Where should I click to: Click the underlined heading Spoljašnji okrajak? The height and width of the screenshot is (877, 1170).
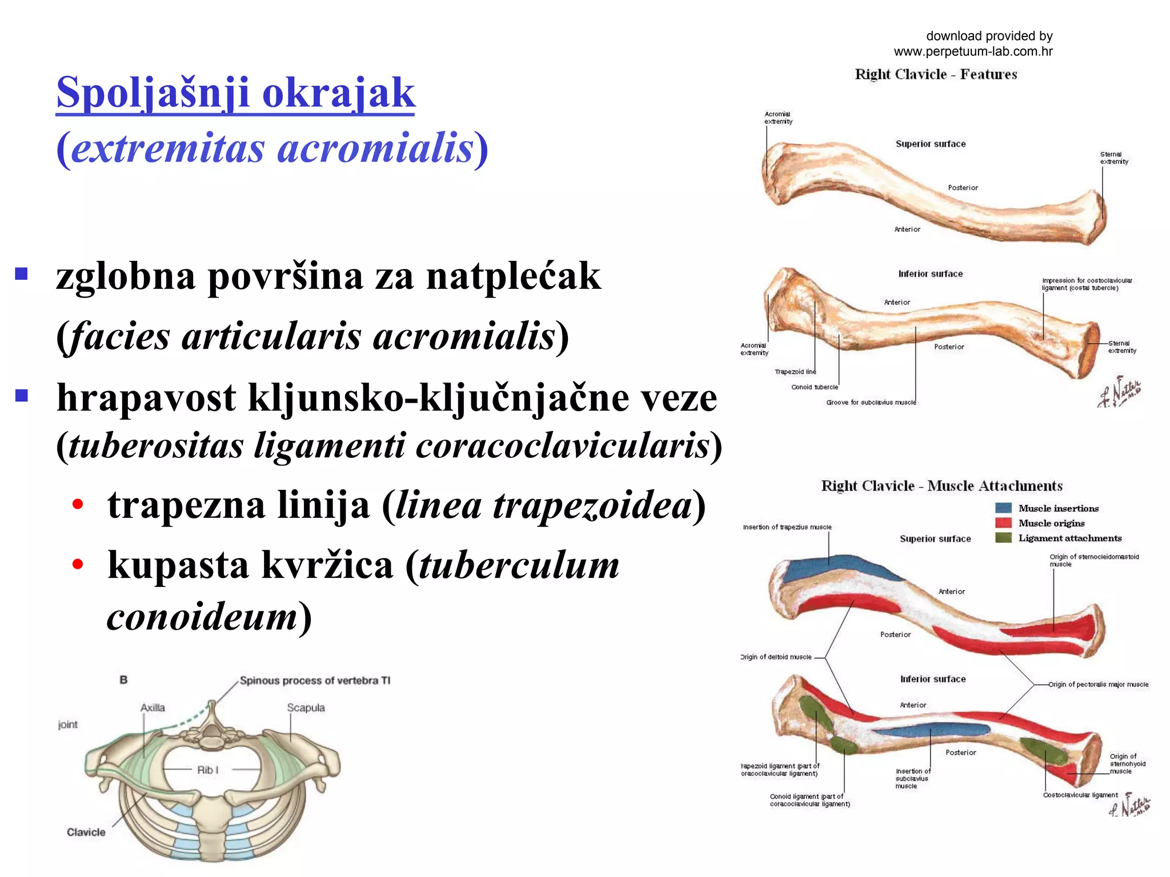click(x=235, y=92)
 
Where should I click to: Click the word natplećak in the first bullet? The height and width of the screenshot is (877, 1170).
click(x=513, y=276)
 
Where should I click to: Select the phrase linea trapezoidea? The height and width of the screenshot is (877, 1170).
click(x=543, y=505)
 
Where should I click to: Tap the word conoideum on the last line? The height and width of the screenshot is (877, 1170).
click(x=202, y=617)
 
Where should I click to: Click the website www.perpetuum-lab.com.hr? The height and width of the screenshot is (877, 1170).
click(x=973, y=51)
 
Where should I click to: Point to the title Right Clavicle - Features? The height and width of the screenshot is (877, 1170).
click(x=936, y=74)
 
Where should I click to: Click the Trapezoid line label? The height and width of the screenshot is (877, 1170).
click(x=795, y=372)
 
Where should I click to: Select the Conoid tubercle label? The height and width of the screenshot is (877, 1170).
click(x=814, y=387)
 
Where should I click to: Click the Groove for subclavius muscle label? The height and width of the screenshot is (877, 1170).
click(x=871, y=403)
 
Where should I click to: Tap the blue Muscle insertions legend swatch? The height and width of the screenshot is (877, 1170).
click(x=1003, y=508)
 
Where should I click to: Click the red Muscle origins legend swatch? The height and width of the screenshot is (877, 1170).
click(x=1003, y=523)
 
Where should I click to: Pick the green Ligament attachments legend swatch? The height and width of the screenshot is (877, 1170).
click(x=1003, y=538)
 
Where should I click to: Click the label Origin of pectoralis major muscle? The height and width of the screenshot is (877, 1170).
click(x=1098, y=684)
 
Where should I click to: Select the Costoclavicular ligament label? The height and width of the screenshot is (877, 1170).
click(x=1080, y=795)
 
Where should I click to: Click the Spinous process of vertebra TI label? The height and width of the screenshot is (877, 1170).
click(x=315, y=681)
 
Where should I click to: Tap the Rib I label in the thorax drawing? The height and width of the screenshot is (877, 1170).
click(x=207, y=770)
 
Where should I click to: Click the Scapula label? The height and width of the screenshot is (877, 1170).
click(x=306, y=707)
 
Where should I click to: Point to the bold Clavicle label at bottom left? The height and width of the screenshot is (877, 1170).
click(x=86, y=832)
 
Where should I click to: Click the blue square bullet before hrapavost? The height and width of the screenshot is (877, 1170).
click(x=22, y=396)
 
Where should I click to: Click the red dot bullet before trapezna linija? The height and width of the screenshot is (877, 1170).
click(x=78, y=505)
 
